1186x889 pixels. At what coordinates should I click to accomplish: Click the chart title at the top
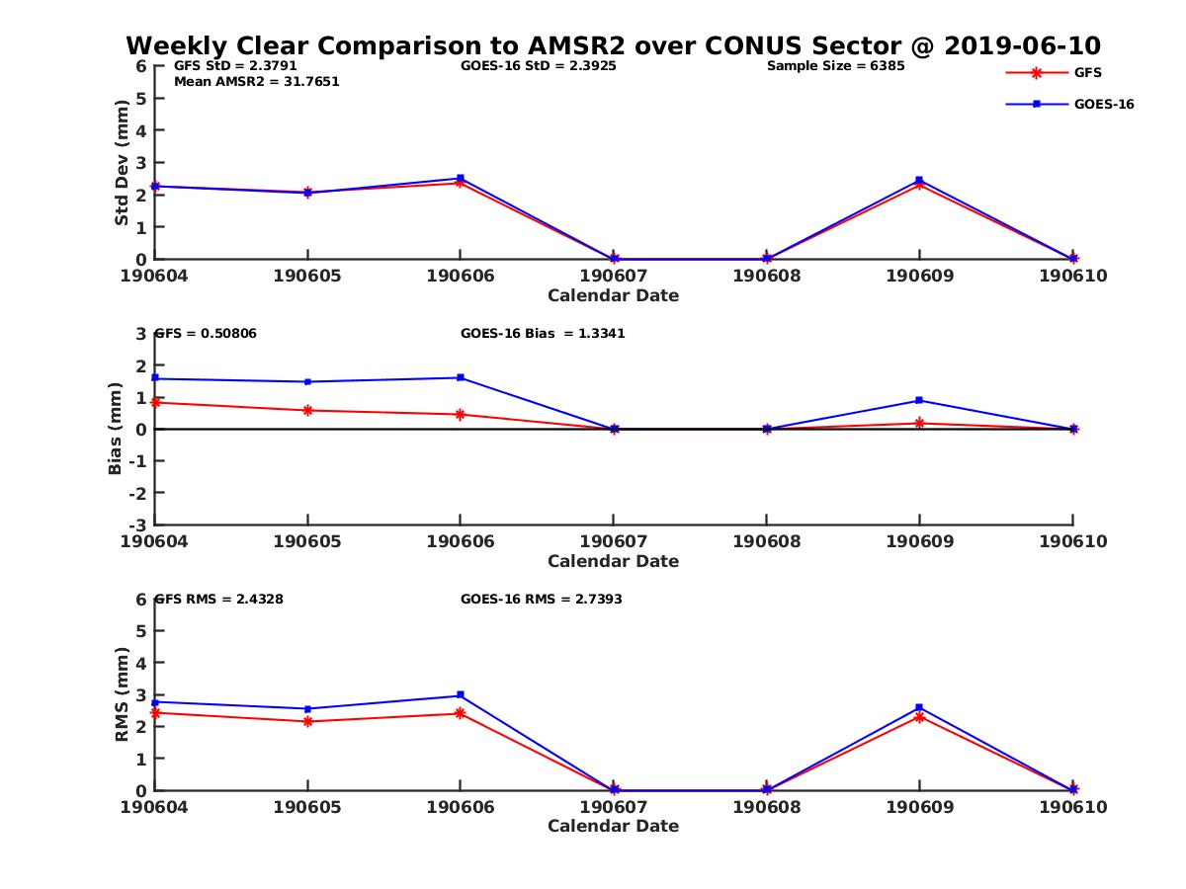point(613,46)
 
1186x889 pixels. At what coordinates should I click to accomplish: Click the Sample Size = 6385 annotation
point(835,66)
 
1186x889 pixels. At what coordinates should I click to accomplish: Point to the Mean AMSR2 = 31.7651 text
point(256,82)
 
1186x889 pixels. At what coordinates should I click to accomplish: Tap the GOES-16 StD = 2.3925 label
point(541,66)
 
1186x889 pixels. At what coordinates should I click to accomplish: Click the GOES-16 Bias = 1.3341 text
point(543,334)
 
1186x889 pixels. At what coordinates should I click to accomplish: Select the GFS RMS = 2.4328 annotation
point(219,599)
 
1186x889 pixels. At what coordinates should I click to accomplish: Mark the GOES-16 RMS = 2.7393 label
point(541,599)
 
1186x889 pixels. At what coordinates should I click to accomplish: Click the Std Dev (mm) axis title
point(122,162)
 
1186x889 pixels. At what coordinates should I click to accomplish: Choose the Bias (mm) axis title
point(116,429)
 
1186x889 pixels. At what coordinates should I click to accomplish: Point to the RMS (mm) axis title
point(122,694)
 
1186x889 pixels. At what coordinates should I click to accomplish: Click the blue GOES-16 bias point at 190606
point(461,377)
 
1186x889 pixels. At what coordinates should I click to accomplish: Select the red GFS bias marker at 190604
point(155,402)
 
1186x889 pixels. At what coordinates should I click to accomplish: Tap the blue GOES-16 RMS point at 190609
point(919,707)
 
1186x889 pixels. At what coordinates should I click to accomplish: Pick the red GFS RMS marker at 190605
point(308,721)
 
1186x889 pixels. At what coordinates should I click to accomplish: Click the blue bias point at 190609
point(919,400)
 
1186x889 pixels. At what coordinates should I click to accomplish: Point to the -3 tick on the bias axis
point(140,525)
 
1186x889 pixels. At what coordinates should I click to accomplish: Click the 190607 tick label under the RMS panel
point(613,807)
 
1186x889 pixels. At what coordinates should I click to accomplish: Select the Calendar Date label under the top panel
point(613,295)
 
